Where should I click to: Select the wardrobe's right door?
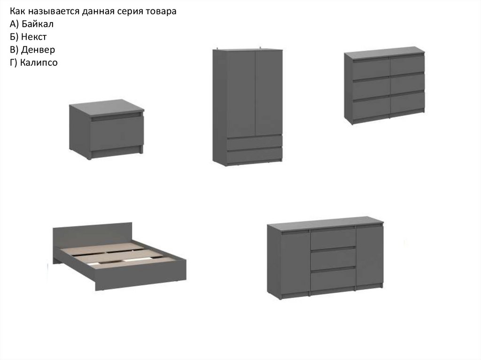[269, 92]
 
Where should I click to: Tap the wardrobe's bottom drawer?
[254, 155]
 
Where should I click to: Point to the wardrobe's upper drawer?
[254, 142]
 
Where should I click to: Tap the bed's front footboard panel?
[141, 275]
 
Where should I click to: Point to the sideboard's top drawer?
[333, 239]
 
